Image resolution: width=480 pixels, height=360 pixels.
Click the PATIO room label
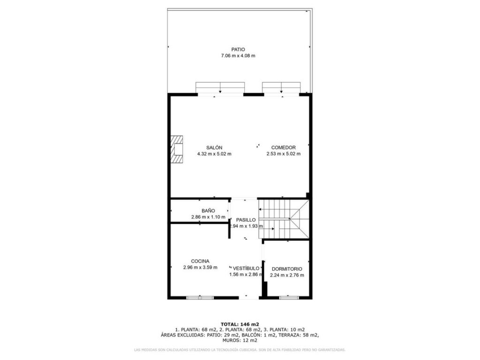click(238, 49)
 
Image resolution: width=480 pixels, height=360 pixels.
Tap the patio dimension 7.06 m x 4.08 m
click(238, 56)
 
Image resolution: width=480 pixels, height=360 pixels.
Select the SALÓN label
click(214, 148)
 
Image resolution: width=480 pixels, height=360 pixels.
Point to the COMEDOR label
click(284, 148)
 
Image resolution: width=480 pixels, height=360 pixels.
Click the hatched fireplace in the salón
click(177, 150)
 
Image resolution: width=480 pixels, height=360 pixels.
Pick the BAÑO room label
click(208, 210)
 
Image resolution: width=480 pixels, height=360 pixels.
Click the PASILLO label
click(246, 220)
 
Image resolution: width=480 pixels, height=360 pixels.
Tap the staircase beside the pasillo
click(284, 219)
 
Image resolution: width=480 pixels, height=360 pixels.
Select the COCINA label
click(200, 261)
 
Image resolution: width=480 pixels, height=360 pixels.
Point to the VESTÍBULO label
click(246, 268)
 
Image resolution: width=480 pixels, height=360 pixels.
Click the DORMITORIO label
click(287, 269)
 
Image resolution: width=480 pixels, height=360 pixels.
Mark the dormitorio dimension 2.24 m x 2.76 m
click(287, 275)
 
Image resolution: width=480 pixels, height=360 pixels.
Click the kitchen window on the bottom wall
click(200, 297)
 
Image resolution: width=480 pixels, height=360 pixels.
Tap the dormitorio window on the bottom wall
click(289, 297)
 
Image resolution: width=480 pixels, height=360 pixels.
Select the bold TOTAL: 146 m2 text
click(240, 324)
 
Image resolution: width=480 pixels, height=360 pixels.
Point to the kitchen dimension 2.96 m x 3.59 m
click(200, 267)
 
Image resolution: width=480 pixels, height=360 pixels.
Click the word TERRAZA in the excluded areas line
click(288, 335)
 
